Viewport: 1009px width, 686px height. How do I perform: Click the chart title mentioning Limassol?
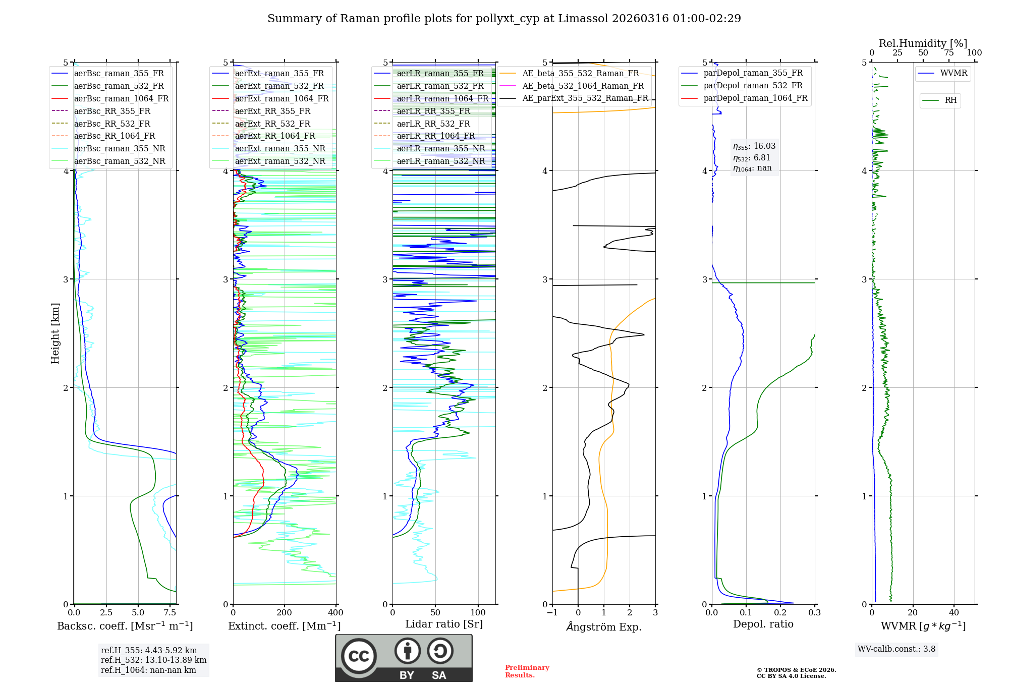click(504, 19)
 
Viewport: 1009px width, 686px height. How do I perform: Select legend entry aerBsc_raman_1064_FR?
click(121, 99)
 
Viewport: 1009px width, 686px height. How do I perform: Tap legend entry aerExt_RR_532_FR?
click(272, 124)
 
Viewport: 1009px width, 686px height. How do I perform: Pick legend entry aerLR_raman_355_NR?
click(440, 148)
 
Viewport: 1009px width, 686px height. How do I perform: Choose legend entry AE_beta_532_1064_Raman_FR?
click(583, 86)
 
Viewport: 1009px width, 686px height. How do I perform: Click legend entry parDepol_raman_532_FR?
click(753, 86)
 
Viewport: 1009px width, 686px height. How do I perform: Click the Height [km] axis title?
click(55, 333)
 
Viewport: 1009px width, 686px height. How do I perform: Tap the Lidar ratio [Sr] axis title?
click(444, 624)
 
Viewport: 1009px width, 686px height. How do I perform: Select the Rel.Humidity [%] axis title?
click(923, 43)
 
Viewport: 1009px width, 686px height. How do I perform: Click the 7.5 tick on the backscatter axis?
click(170, 613)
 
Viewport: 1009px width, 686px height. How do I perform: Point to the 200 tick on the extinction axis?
click(285, 613)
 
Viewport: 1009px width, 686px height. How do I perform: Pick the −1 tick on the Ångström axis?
click(552, 613)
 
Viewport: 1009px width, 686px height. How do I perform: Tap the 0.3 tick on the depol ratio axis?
click(814, 613)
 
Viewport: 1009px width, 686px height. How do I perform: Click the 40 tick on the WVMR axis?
click(954, 613)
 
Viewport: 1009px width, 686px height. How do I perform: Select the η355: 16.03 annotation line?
click(754, 146)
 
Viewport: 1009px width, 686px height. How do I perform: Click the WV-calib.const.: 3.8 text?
click(896, 649)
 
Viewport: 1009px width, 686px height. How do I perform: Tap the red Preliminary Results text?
click(527, 671)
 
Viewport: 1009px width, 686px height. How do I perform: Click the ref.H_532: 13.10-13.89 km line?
click(153, 660)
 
